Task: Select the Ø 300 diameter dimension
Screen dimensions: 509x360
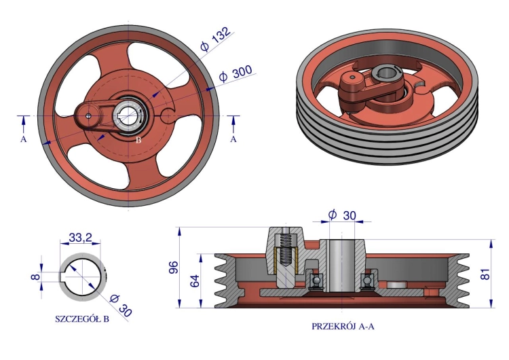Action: pos(235,73)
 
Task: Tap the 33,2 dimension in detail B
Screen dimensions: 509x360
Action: pos(81,238)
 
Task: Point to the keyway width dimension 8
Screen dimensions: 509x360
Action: pos(36,277)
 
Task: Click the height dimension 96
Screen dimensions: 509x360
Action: pos(174,267)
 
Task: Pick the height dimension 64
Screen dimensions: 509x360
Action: pos(194,281)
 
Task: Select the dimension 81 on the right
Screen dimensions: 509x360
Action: pos(485,274)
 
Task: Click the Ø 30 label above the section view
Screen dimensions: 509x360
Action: pos(342,215)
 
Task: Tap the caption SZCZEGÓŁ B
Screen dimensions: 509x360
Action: pos(82,319)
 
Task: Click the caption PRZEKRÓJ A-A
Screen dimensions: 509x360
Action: pos(343,326)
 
